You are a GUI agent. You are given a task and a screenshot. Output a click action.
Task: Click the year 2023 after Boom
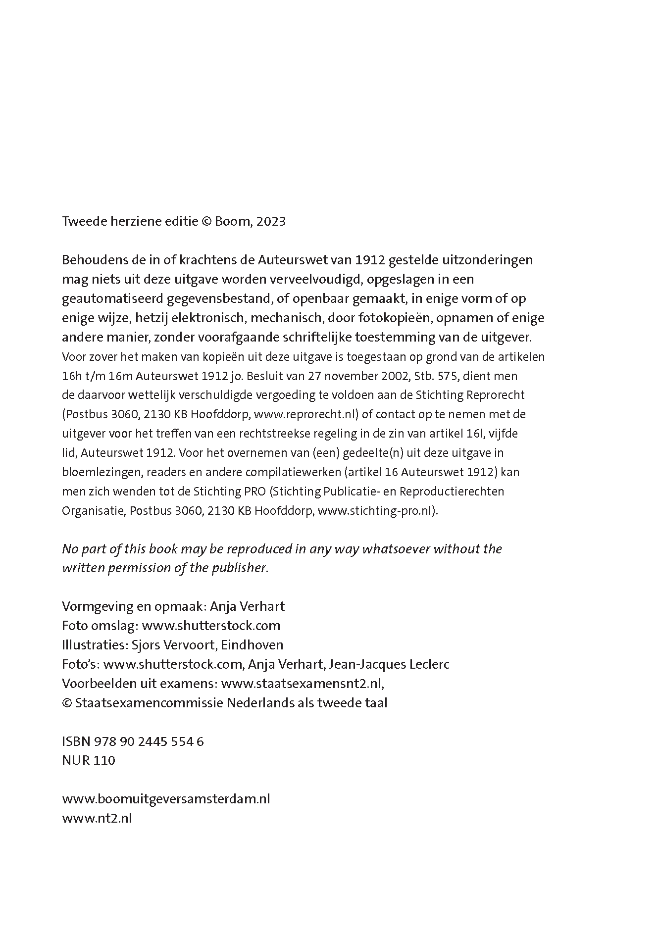click(x=271, y=221)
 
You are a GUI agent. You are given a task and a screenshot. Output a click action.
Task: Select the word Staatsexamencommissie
click(x=149, y=703)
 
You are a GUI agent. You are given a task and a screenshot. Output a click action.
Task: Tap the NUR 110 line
click(x=89, y=761)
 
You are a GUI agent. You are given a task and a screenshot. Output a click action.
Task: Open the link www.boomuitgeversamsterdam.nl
click(x=166, y=799)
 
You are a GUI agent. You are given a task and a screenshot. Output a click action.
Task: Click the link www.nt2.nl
click(x=97, y=818)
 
